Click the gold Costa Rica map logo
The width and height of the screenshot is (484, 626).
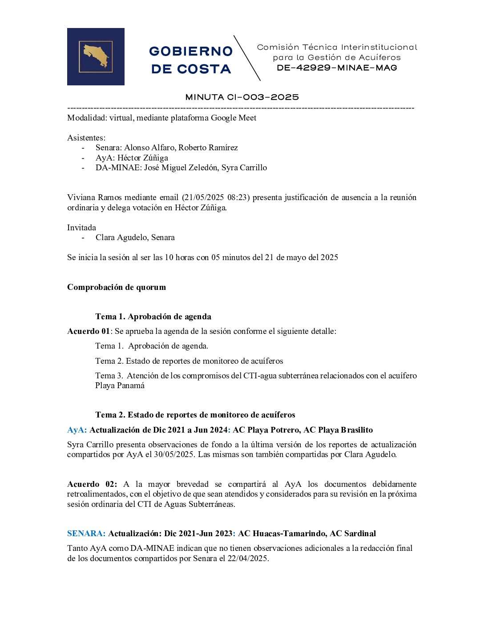point(96,56)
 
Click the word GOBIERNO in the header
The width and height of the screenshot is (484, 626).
point(191,51)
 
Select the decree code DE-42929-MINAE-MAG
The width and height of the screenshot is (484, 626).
point(337,68)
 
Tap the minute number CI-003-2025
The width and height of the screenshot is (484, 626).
point(262,97)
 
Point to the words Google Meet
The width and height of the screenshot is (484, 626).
point(234,118)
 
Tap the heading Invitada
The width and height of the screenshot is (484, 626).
point(81,228)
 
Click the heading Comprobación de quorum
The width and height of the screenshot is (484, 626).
point(117,287)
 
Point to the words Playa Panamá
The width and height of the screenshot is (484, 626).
point(120,385)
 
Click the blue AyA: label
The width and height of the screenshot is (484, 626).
point(77,430)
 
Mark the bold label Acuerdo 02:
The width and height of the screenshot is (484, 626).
point(92,484)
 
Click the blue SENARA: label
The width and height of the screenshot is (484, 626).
point(86,534)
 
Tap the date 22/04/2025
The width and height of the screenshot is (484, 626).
point(248,558)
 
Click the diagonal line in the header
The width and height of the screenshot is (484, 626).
point(247,58)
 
